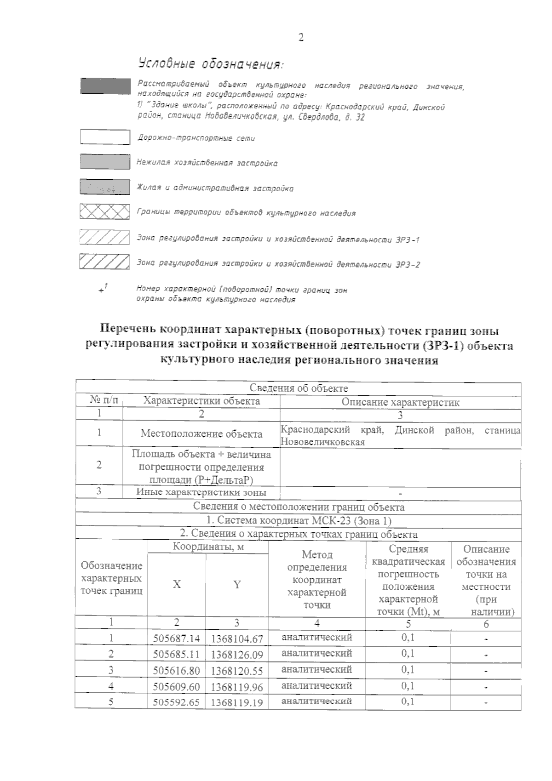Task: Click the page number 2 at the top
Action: [301, 38]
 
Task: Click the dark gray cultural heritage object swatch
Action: [105, 86]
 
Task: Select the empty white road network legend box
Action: [105, 137]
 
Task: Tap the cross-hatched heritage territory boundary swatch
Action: [105, 211]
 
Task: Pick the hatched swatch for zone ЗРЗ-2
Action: [104, 262]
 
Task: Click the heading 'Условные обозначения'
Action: [209, 63]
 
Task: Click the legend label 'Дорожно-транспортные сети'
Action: [196, 138]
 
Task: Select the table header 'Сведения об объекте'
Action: [299, 388]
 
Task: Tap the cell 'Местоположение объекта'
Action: [201, 433]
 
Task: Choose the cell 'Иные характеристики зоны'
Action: [201, 492]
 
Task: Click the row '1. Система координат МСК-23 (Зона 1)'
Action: [299, 521]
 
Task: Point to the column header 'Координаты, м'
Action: [208, 547]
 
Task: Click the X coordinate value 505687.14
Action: [177, 638]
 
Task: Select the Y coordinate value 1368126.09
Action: [237, 655]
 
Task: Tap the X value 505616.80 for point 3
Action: [177, 671]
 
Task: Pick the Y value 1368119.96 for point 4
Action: [237, 687]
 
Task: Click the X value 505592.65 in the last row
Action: [177, 702]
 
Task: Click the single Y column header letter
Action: [237, 584]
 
